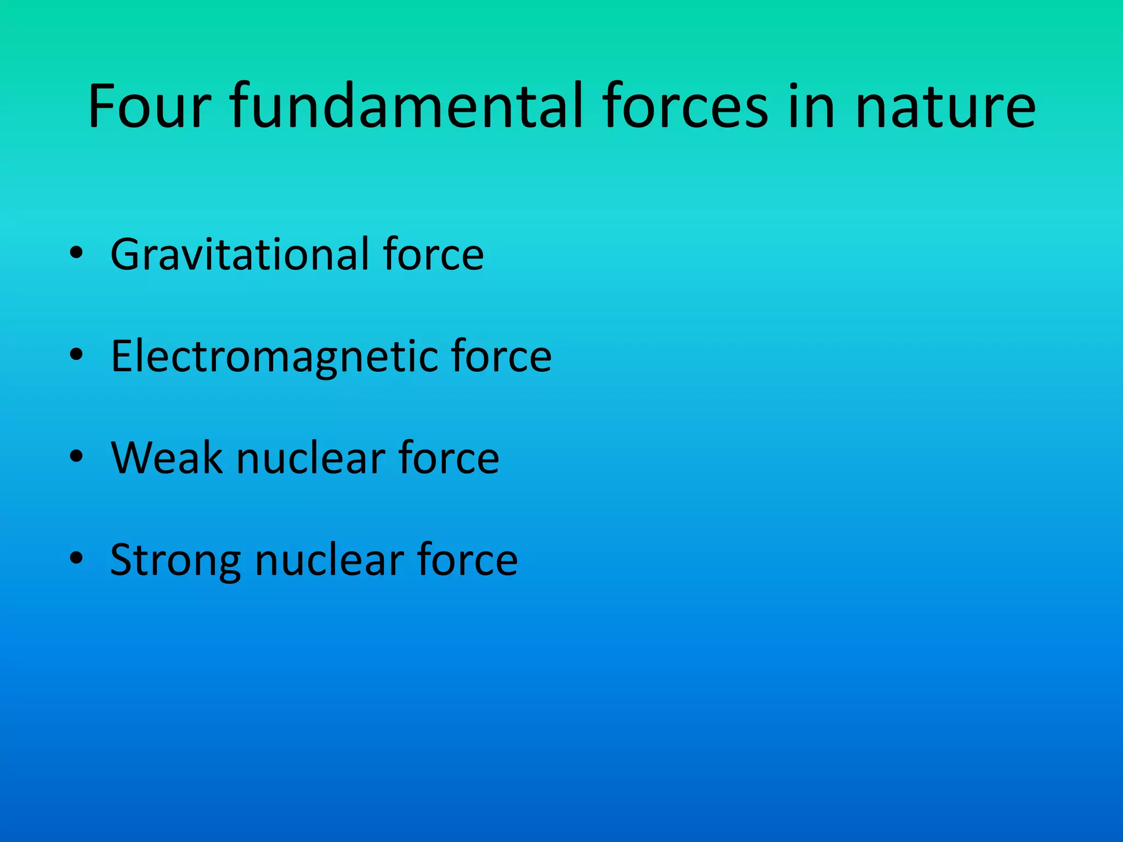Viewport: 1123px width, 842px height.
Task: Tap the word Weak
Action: [x=166, y=458]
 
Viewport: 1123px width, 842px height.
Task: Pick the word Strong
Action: [x=175, y=560]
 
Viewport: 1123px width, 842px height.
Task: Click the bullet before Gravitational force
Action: [x=76, y=253]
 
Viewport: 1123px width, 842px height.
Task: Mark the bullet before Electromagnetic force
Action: [x=76, y=355]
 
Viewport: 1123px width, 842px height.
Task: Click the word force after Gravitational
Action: [x=433, y=254]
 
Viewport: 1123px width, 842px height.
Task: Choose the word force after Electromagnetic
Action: [x=501, y=356]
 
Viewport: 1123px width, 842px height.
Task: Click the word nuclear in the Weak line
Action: [x=310, y=458]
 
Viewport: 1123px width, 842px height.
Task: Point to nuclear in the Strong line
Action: [x=329, y=560]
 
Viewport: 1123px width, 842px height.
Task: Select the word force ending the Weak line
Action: [x=449, y=458]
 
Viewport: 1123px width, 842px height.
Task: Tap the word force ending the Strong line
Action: [x=467, y=560]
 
